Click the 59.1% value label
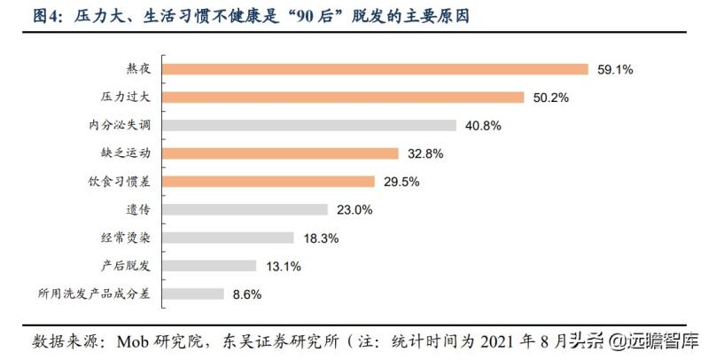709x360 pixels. coord(614,69)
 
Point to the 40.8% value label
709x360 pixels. coord(483,126)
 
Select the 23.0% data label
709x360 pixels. coord(354,210)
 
